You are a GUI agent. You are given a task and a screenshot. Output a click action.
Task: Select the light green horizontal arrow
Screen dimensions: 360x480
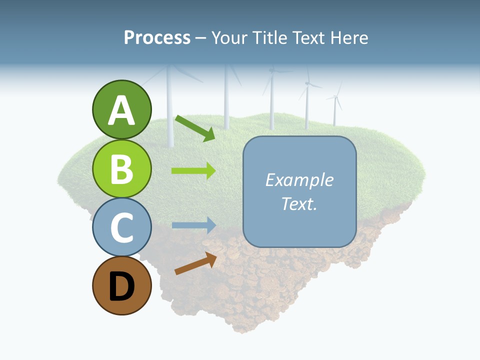point(193,171)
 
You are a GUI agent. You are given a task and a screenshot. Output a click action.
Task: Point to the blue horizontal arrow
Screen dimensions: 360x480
point(193,225)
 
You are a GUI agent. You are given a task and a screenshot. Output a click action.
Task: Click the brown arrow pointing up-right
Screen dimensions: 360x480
point(195,263)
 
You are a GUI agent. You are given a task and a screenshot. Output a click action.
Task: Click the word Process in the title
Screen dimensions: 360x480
point(157,38)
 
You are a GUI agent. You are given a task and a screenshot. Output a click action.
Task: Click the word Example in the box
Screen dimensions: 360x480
point(299,180)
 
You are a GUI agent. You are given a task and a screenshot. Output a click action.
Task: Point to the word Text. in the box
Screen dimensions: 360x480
point(299,204)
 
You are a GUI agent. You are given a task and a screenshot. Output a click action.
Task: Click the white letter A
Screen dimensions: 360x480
point(121,111)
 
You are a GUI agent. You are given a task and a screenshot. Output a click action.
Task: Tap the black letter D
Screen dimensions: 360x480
point(121,287)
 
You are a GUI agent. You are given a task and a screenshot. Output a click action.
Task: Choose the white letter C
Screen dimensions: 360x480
point(121,228)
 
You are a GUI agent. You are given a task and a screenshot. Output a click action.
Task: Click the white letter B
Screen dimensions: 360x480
point(121,169)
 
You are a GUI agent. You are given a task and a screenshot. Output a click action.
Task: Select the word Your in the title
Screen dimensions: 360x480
point(229,38)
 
